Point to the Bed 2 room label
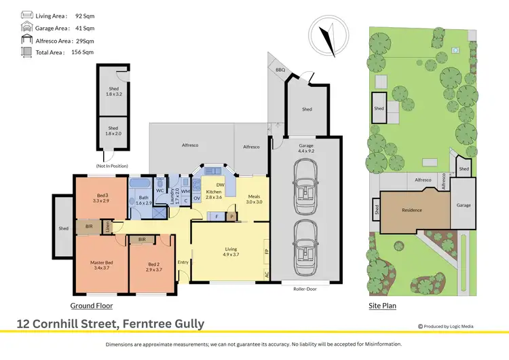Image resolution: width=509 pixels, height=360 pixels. tap(154, 266)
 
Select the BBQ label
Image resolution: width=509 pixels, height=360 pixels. tap(280, 70)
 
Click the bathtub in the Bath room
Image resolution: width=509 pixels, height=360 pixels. tap(143, 184)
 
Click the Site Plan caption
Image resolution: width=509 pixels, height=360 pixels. tap(382, 306)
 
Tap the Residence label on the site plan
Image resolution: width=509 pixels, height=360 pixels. tap(411, 210)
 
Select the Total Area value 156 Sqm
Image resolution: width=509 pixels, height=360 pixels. tap(83, 52)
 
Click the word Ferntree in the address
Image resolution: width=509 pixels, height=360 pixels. tap(143, 324)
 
